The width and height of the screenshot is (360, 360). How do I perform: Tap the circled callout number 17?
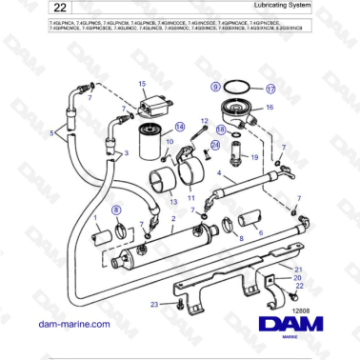(x=270, y=88)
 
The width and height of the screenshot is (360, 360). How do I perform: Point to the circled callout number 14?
(x=178, y=127)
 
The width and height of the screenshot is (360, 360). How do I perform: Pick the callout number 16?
(x=269, y=109)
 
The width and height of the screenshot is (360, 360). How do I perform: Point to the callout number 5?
(x=65, y=133)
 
